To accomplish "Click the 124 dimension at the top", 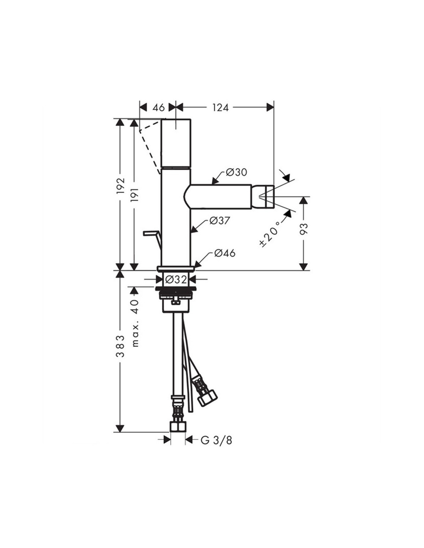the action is pos(220,108).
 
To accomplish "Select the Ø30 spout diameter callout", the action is pos(236,172).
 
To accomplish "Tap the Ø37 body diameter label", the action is pos(220,221).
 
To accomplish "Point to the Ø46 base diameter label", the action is pos(225,253).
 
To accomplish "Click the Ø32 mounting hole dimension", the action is pos(176,279).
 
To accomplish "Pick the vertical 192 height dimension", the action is pos(121,186).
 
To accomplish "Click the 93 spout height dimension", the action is pos(305,229).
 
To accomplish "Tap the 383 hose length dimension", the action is pos(121,346).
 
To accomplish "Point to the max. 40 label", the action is pos(135,323).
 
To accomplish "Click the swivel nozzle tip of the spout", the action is pos(263,197).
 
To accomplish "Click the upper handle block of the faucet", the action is pos(176,143).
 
